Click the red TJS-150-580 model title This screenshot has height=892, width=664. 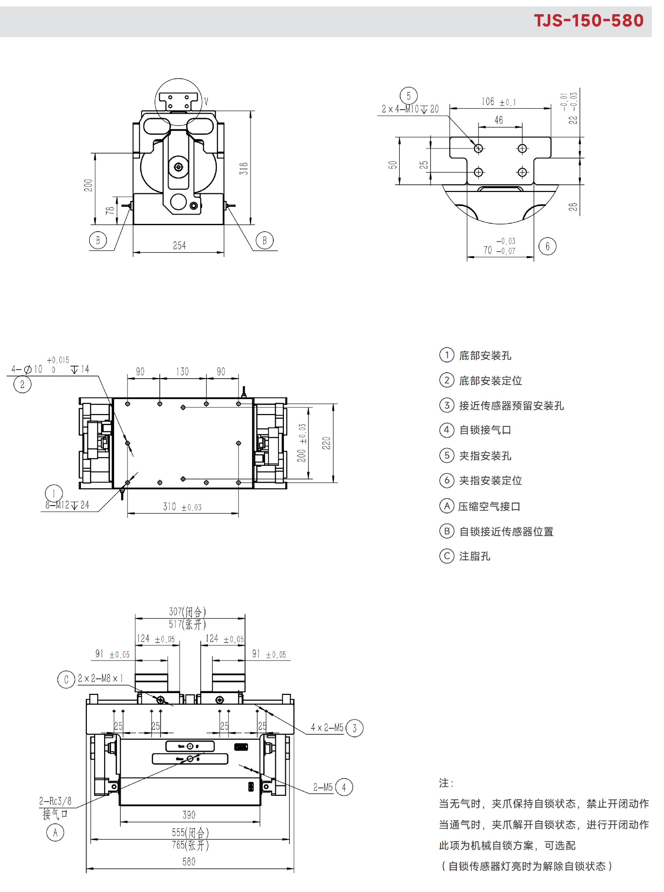(589, 20)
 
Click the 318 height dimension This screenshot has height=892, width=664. (244, 168)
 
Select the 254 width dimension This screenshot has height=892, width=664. (179, 245)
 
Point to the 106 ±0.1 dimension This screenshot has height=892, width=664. (498, 102)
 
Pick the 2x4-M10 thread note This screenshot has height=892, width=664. (410, 109)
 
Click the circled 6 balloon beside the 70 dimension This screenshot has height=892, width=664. (547, 246)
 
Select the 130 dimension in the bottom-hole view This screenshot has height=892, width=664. (182, 371)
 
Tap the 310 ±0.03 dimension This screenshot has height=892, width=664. (182, 506)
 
